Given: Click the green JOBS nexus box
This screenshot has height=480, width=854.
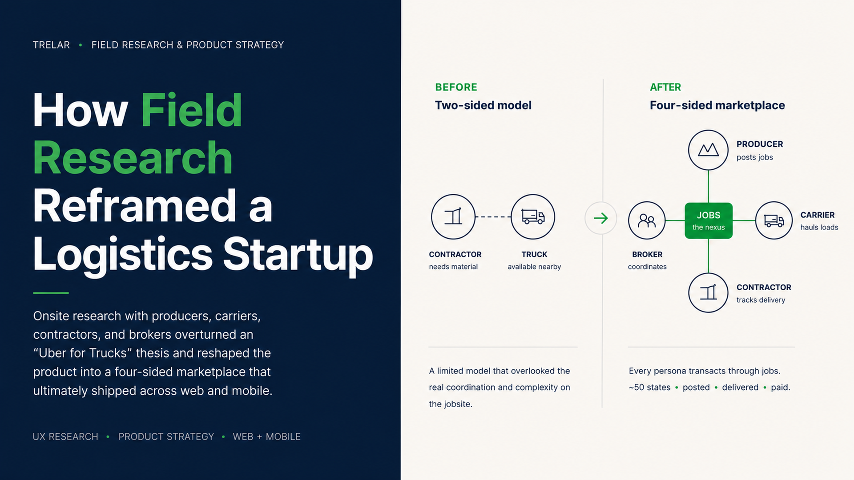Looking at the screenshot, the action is (x=709, y=220).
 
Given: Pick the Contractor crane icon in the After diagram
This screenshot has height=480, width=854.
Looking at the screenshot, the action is (x=708, y=292).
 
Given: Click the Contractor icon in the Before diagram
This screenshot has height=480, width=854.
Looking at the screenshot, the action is (x=453, y=217).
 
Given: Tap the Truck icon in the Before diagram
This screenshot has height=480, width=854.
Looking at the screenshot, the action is (x=533, y=217).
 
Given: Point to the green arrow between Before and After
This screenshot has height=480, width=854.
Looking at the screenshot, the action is (x=601, y=218).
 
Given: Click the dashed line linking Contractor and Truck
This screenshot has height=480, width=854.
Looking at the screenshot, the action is (x=493, y=217).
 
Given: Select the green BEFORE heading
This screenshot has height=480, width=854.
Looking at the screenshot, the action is (x=456, y=87).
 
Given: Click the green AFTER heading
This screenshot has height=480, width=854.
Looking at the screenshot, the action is (x=665, y=87).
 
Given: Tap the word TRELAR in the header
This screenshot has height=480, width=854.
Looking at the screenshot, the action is (x=51, y=45).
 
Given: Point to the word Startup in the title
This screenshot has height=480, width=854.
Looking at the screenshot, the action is (x=298, y=254).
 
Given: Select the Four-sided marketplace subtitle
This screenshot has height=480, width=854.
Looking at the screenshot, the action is (x=717, y=105).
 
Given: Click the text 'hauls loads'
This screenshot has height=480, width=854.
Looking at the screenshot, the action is (x=819, y=228).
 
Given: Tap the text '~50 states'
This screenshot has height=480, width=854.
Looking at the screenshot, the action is (x=649, y=387).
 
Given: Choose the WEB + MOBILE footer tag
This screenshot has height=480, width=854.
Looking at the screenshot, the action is (x=266, y=437).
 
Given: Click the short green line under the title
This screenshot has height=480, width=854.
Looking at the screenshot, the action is (x=51, y=293).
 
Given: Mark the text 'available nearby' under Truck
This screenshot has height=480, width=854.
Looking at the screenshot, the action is (x=534, y=267).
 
